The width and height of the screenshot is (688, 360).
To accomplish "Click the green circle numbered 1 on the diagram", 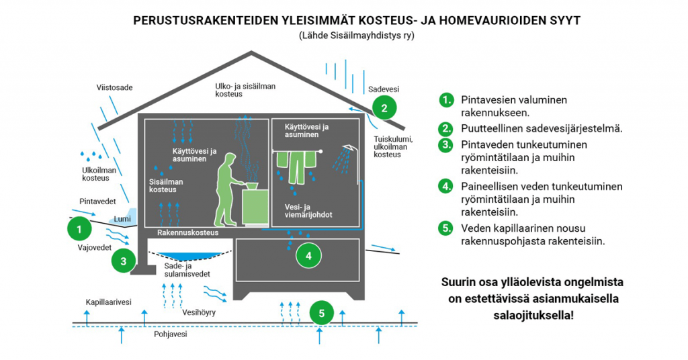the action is (79, 229).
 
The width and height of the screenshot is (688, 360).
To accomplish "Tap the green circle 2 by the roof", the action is (384, 108).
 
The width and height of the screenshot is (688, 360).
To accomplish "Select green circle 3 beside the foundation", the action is (124, 261).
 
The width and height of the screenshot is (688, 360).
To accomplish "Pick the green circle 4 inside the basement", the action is (308, 256).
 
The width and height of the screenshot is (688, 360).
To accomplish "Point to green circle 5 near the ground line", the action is (322, 313).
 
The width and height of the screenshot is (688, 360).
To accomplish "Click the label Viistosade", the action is (114, 88).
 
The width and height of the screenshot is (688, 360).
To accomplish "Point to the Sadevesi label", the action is (384, 89).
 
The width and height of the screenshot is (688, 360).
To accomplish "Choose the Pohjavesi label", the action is (170, 334).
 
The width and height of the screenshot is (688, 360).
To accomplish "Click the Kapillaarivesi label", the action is (108, 302).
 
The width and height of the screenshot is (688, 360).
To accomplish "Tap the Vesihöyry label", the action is (199, 312).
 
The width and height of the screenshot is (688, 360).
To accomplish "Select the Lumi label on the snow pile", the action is (122, 219).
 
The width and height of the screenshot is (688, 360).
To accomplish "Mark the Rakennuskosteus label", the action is (188, 232).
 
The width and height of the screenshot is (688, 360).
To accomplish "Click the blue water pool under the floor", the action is (189, 256).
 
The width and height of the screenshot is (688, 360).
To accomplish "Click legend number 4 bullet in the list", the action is (446, 186).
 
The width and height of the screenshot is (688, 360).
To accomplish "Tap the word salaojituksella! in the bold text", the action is (533, 315).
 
